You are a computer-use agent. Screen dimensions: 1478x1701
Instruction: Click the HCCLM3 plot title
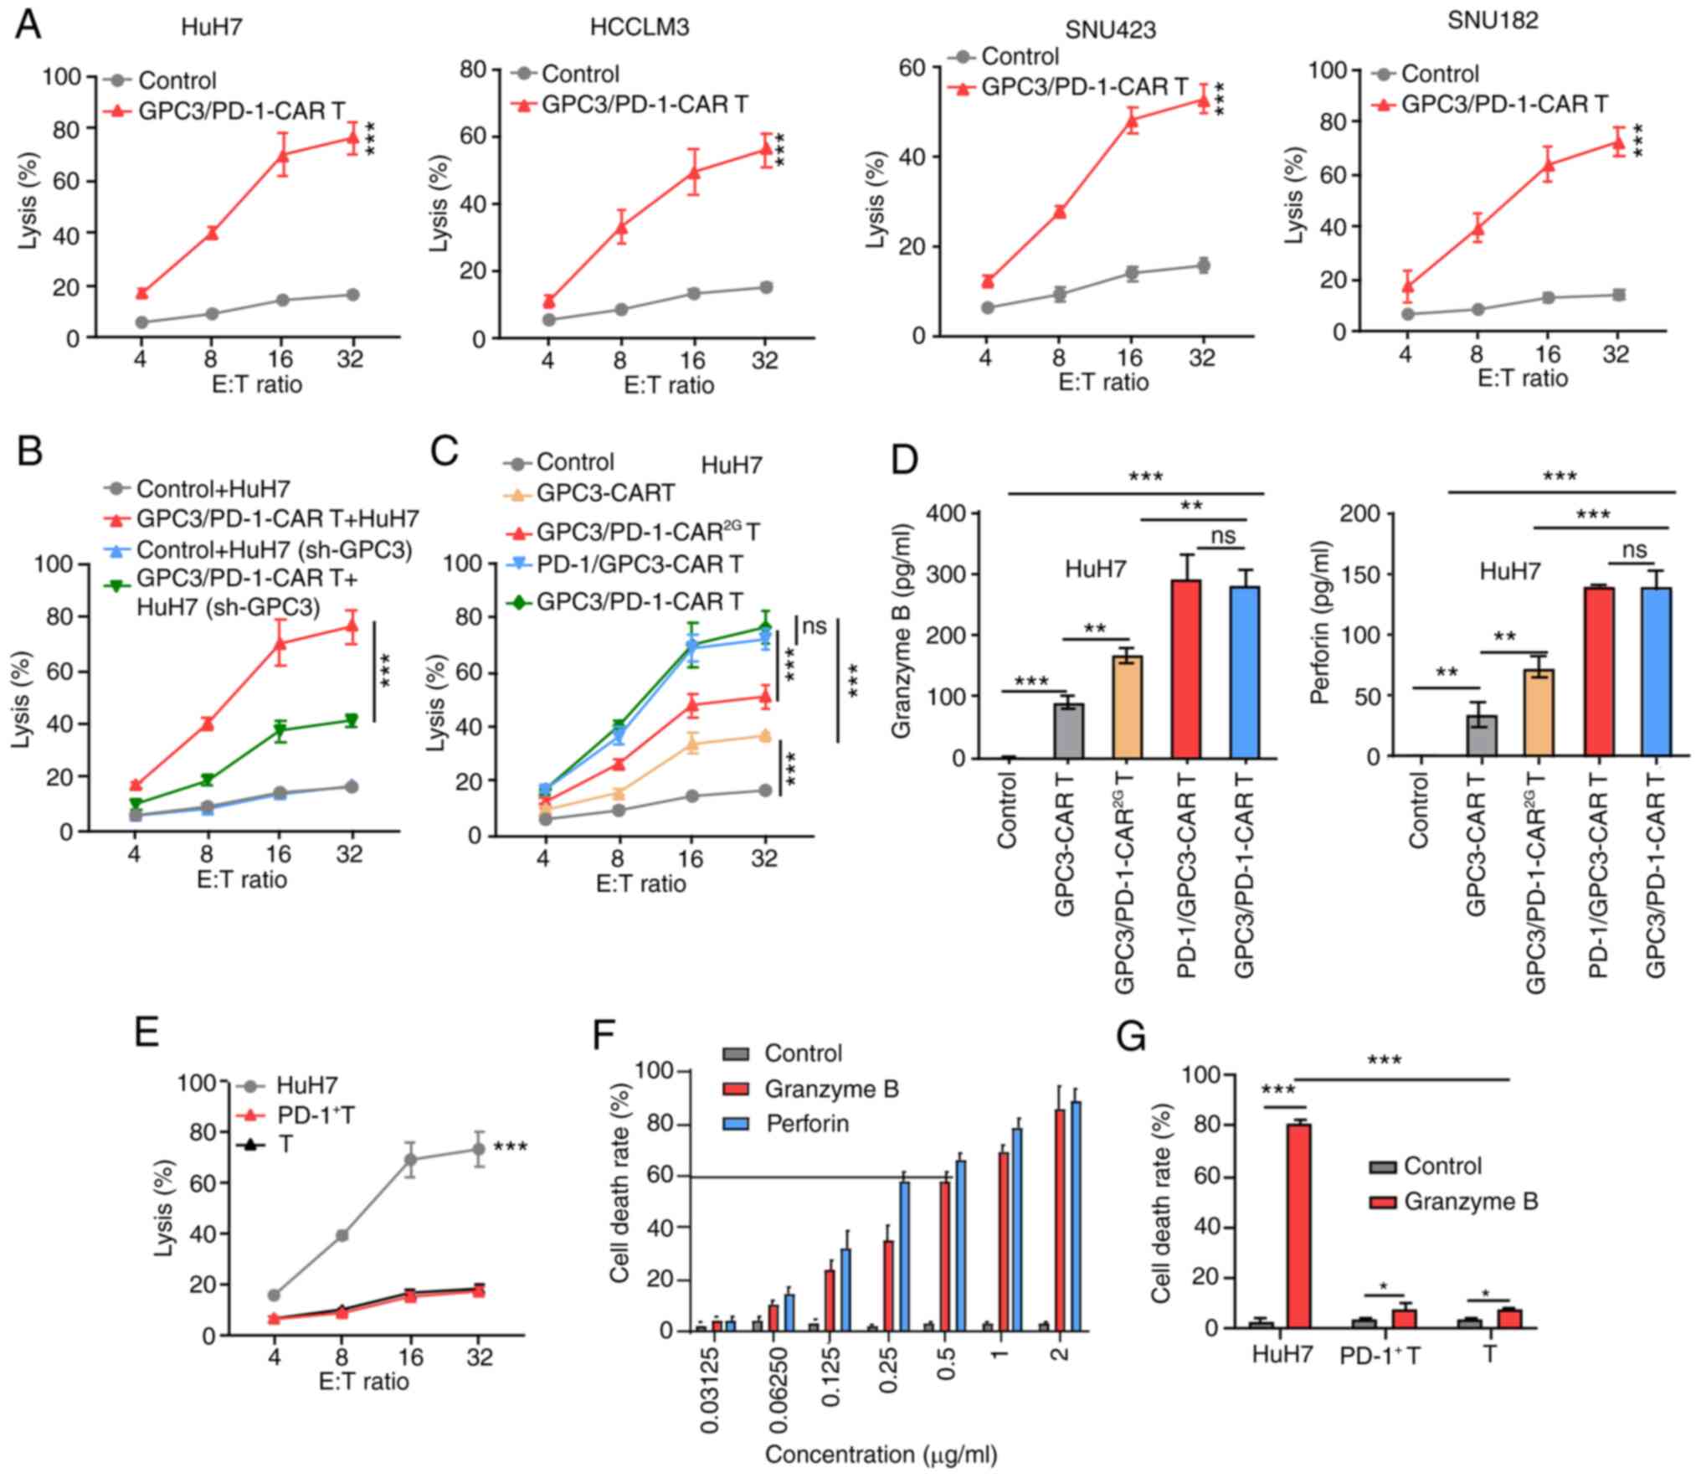(639, 28)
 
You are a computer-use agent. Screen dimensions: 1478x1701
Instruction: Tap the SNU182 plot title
(1493, 20)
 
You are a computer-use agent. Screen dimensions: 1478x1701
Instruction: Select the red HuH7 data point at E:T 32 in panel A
(352, 137)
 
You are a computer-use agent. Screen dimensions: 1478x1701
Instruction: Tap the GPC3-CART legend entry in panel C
(604, 492)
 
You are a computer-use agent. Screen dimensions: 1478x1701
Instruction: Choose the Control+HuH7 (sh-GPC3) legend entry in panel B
(273, 549)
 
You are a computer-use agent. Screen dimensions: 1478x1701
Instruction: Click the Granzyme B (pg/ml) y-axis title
(901, 631)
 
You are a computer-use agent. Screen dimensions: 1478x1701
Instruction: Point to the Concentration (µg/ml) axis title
(881, 1454)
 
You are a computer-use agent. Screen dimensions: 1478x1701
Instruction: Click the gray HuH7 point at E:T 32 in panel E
(480, 1149)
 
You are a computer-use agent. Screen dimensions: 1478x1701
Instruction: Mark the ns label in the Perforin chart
(1634, 549)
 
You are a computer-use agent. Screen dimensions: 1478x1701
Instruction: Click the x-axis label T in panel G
(1489, 1353)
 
